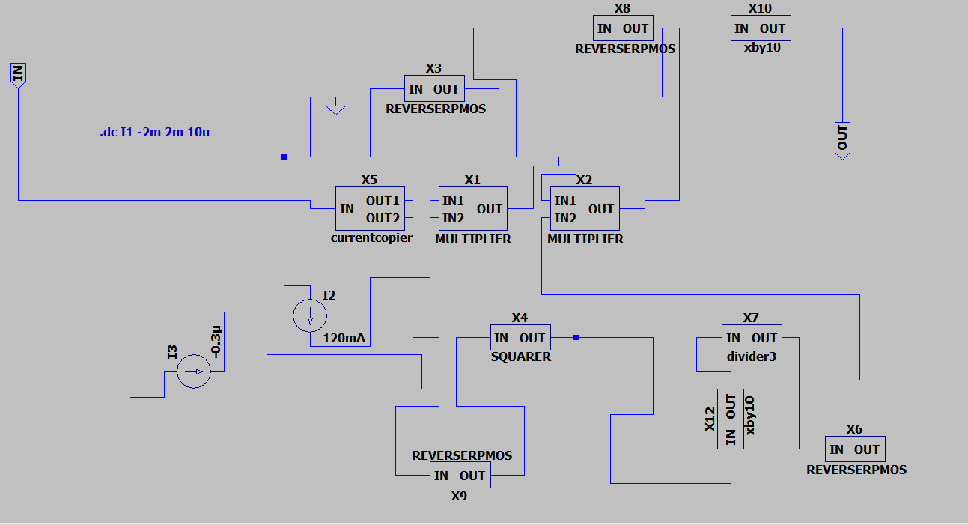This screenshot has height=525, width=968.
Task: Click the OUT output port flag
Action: (842, 141)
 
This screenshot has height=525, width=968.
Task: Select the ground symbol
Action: (336, 110)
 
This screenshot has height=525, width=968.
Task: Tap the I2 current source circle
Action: (310, 316)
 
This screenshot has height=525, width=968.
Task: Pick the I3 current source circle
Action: (194, 371)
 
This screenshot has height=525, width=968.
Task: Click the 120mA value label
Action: (344, 338)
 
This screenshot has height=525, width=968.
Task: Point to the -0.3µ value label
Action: (216, 342)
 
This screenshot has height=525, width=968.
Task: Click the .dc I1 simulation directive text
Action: (155, 132)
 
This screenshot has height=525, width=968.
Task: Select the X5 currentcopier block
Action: (370, 209)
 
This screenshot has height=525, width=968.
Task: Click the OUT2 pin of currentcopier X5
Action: (383, 218)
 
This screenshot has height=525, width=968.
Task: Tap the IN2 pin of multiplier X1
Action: (453, 218)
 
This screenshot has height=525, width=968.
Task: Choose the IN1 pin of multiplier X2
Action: (565, 201)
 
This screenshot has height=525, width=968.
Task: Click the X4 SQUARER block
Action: (520, 337)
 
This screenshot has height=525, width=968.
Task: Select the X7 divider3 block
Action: (752, 337)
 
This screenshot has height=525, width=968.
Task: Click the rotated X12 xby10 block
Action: (731, 419)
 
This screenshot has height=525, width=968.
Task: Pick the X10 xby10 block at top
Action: (761, 28)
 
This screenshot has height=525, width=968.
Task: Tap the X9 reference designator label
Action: (459, 496)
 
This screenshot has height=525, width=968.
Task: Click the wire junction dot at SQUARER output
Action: (576, 337)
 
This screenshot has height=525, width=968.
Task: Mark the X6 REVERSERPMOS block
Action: (855, 449)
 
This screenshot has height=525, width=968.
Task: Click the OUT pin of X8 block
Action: (636, 28)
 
